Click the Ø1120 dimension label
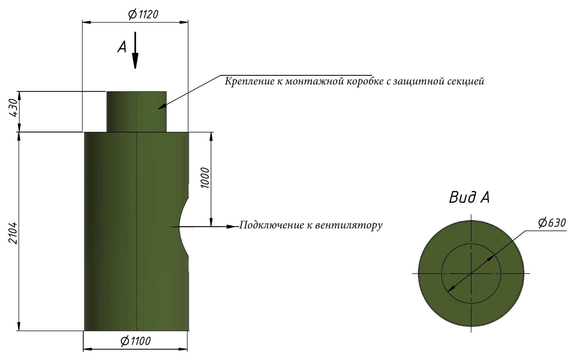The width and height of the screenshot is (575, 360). tap(143, 14)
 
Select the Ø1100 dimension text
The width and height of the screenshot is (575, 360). tap(135, 341)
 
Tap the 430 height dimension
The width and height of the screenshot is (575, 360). tap(14, 108)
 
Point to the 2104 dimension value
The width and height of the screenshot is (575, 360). tap(13, 233)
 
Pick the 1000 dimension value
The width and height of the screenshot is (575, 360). tap(205, 178)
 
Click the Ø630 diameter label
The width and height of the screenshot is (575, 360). tap(552, 223)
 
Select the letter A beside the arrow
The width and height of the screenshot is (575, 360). tap(122, 47)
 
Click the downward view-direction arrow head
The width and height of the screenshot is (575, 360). tap(135, 61)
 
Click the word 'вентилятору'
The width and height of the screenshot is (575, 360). tap(349, 225)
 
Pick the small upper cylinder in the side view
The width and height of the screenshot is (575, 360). tap(137, 112)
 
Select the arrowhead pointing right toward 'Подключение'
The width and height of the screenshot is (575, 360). tap(232, 227)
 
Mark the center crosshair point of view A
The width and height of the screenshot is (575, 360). tap(471, 274)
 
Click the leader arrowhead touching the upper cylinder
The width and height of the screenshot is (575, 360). tap(162, 107)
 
